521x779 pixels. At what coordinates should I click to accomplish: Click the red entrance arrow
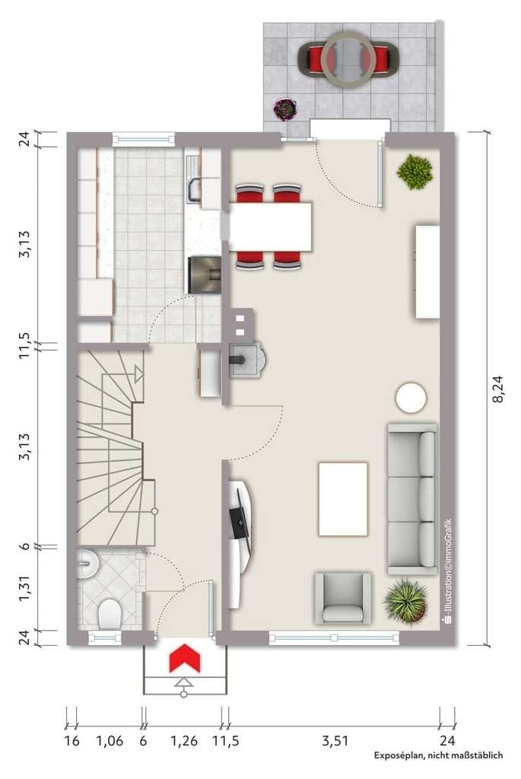pos(184,658)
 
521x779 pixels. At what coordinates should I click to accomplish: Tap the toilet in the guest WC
pos(110,614)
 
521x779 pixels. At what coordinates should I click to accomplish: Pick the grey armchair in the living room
pos(343,598)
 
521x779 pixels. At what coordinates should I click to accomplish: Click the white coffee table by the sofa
pos(343,499)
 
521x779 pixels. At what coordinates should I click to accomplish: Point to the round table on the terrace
pos(348,59)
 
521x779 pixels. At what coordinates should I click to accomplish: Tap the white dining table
pos(270,227)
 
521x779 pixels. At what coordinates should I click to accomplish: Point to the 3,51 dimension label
pos(335,741)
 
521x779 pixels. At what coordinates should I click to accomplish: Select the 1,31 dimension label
pos(25,589)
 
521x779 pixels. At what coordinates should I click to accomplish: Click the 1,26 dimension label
pos(184,741)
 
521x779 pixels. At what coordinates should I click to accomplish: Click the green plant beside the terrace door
pos(415,172)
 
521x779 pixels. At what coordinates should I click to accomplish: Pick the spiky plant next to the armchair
pos(406,602)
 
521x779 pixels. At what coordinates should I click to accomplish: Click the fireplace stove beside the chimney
pos(248,359)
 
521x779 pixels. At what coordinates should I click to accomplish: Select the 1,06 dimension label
pos(110,741)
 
